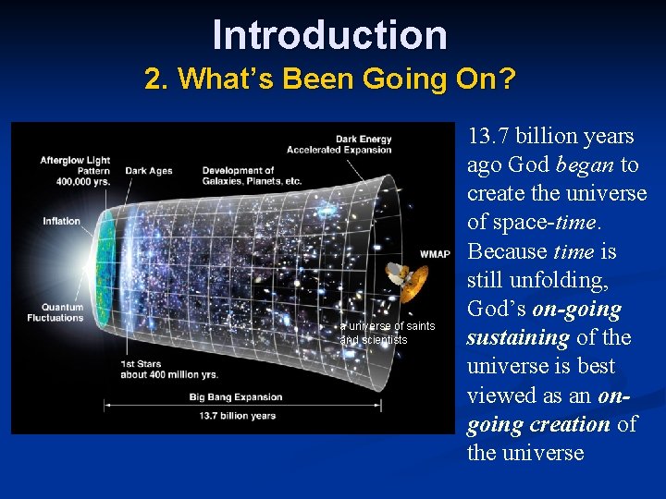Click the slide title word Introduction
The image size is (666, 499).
[x=329, y=35]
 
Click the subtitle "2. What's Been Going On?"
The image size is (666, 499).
[x=329, y=79]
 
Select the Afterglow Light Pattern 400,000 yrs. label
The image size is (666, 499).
[x=74, y=171]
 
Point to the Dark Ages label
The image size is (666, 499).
[x=149, y=170]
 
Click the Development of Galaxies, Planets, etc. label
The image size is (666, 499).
[x=252, y=176]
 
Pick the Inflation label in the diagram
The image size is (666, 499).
[x=61, y=221]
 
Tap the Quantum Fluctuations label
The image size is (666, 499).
[x=62, y=312]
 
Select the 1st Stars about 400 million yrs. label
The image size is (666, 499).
[x=168, y=369]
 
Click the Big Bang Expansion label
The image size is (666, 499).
[x=236, y=397]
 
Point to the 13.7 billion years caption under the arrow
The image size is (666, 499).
[x=238, y=416]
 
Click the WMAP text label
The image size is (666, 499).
[x=435, y=254]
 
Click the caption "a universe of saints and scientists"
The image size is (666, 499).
[x=387, y=333]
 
